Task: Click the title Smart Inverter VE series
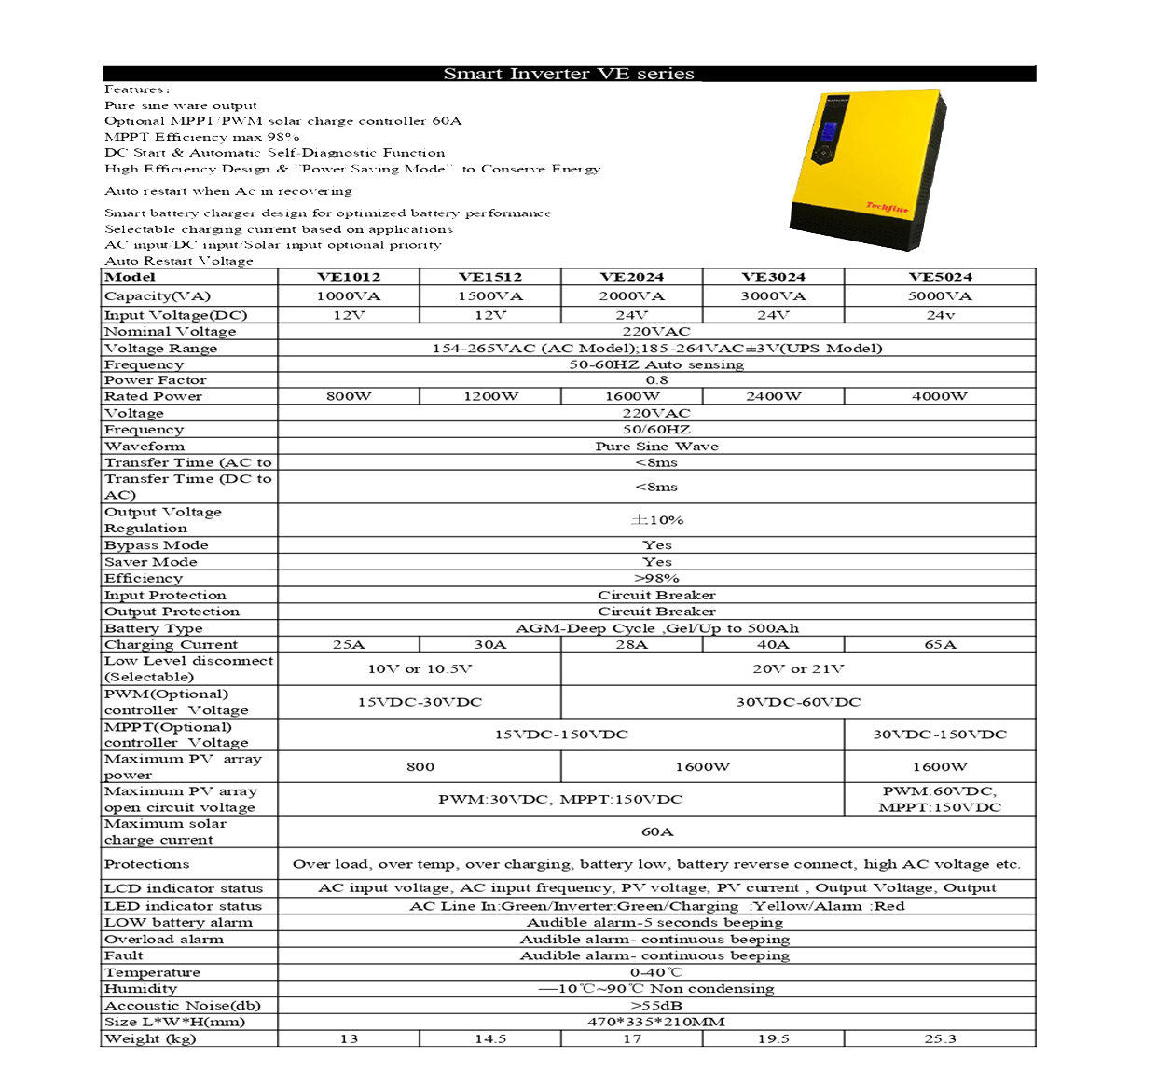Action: (x=569, y=74)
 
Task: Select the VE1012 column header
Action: (x=349, y=277)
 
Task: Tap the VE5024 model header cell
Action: (x=940, y=277)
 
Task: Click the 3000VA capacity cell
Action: (x=773, y=296)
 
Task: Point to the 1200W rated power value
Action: (x=490, y=396)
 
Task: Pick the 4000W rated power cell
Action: (x=940, y=396)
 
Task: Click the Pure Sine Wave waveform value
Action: (x=656, y=447)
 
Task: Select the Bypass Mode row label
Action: (x=157, y=545)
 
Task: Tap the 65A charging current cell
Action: (x=940, y=645)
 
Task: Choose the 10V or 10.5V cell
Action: (x=420, y=669)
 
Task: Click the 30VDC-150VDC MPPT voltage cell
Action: (x=940, y=735)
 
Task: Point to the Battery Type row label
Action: (x=154, y=628)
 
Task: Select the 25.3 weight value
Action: (x=940, y=1038)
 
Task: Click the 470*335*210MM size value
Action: (x=656, y=1022)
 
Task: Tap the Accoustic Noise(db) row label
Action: (x=183, y=1006)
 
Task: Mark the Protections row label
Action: (x=147, y=864)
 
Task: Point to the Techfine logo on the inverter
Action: (x=887, y=208)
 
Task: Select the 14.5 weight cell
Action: (x=490, y=1038)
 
